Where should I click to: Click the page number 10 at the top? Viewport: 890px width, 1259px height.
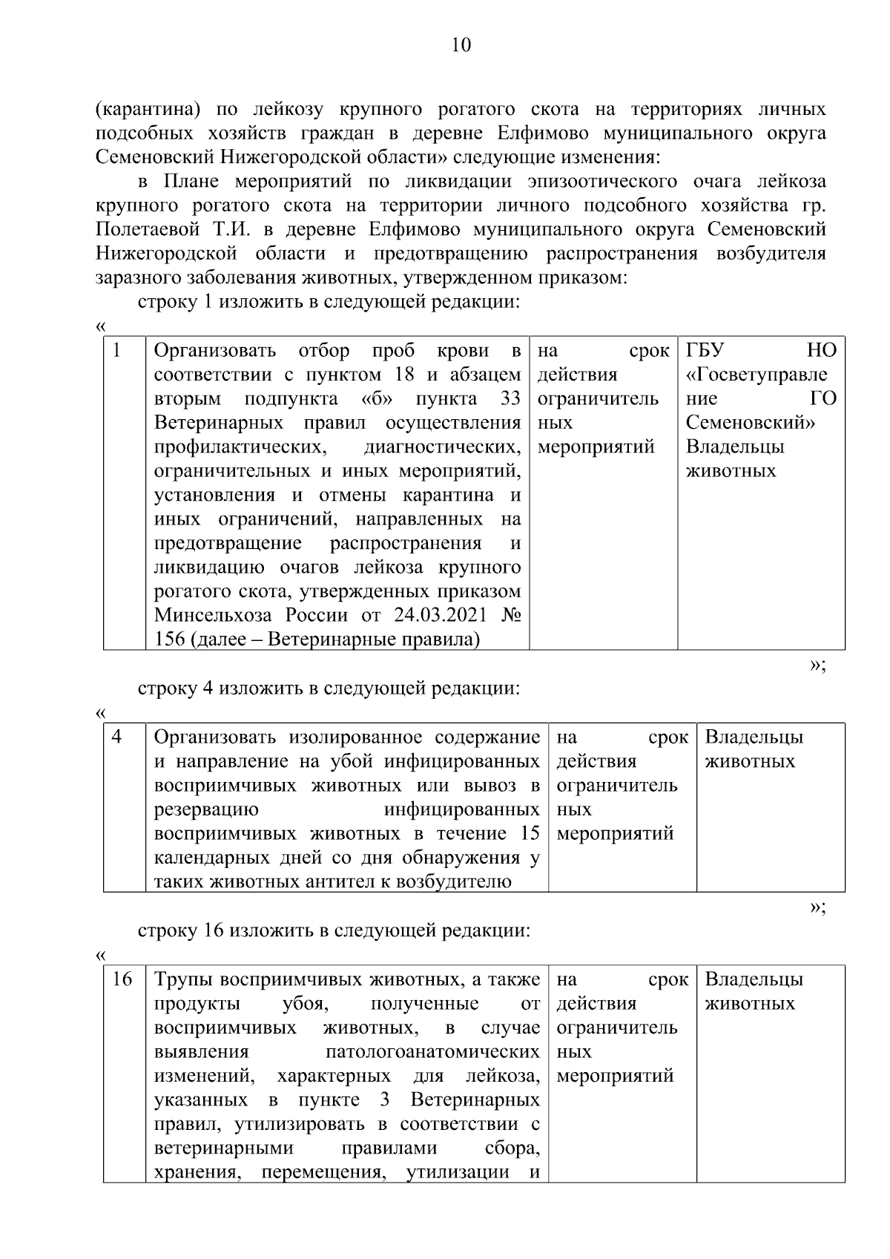(x=461, y=46)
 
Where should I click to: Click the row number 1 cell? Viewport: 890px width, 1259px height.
(x=117, y=350)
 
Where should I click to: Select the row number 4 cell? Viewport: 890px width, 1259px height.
(x=117, y=737)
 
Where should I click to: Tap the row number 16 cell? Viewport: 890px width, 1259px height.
(x=122, y=979)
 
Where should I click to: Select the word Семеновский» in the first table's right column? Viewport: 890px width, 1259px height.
(x=750, y=423)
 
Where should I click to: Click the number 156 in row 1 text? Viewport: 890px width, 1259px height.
(x=170, y=640)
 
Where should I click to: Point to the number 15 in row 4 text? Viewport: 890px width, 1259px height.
(x=530, y=833)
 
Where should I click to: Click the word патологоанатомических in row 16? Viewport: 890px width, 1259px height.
(x=432, y=1052)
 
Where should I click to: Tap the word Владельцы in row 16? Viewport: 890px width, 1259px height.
(x=754, y=979)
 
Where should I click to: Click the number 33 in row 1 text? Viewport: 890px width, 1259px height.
(x=510, y=399)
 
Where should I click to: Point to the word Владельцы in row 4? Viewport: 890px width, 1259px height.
(x=754, y=737)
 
